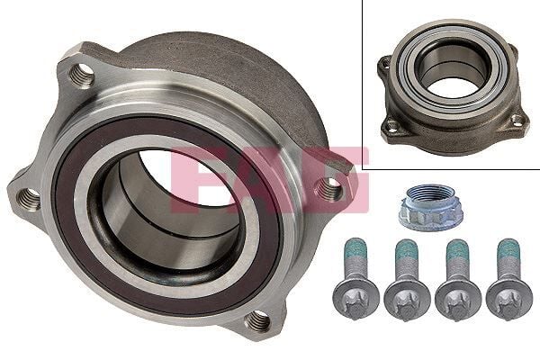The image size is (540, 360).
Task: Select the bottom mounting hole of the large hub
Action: pyautogui.click(x=258, y=319)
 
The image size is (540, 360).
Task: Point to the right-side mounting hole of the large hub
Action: pyautogui.click(x=330, y=188)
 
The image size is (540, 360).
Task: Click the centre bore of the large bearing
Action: pyautogui.click(x=171, y=216)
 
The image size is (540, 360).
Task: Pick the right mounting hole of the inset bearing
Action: pyautogui.click(x=517, y=120)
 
